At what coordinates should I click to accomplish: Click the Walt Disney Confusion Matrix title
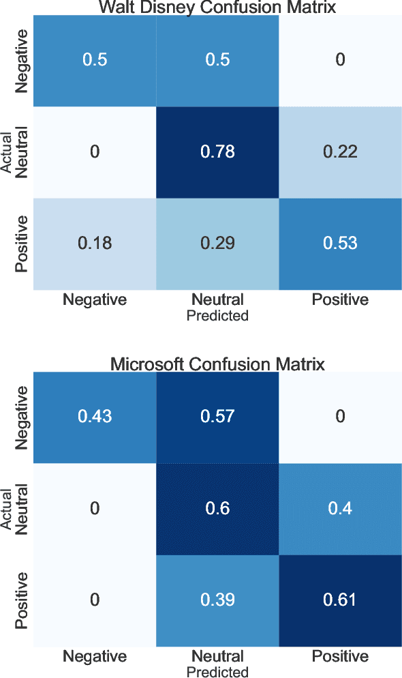217,8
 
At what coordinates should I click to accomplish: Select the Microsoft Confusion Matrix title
217,364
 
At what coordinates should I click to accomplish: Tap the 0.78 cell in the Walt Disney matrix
217,151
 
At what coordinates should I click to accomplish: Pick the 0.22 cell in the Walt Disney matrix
340,151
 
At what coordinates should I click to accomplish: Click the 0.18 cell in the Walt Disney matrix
95,244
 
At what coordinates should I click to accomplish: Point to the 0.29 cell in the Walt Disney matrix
217,244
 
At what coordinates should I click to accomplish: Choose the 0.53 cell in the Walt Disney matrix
340,244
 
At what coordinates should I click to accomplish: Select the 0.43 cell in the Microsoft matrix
95,417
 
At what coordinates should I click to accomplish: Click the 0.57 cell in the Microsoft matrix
217,417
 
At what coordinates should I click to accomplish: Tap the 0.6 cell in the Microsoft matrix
217,509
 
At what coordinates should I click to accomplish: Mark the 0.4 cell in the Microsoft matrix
340,509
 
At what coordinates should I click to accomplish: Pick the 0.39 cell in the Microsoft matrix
217,600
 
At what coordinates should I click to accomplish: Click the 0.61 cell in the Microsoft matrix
340,600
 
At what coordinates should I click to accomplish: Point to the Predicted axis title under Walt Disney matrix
217,316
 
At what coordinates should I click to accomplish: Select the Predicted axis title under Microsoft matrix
217,673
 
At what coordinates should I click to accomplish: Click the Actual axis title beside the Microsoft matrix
7,509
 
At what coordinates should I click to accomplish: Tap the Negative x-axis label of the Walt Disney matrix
95,300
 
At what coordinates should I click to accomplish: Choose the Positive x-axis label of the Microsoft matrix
340,657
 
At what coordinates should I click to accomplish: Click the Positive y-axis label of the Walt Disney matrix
22,244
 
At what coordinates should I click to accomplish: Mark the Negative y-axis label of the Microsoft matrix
22,417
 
